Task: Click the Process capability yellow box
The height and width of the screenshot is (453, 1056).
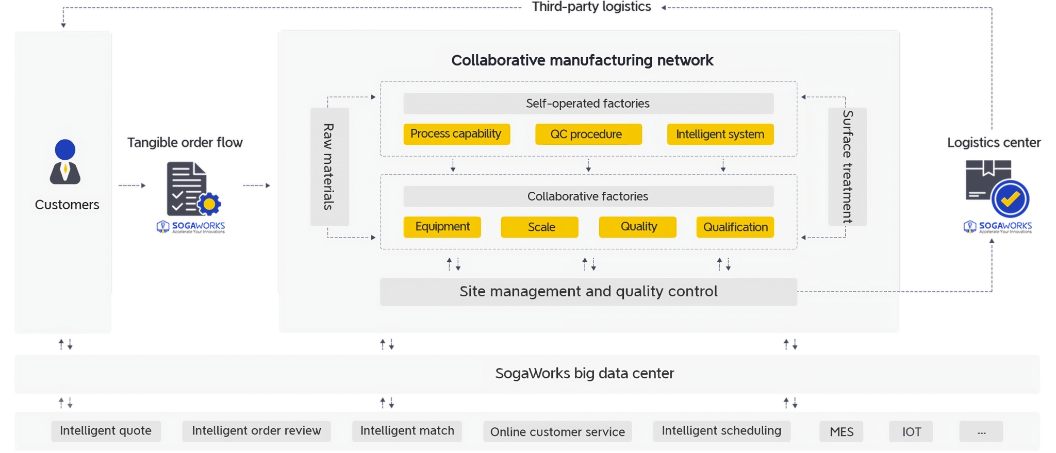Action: click(x=456, y=134)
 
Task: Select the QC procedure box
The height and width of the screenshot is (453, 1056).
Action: click(x=588, y=134)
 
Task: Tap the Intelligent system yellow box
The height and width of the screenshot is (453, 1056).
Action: click(x=720, y=134)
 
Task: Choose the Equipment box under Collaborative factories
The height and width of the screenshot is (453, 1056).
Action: click(x=442, y=227)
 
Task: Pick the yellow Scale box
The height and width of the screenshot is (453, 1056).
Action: click(x=539, y=227)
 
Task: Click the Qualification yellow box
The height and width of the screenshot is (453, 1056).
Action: click(x=735, y=227)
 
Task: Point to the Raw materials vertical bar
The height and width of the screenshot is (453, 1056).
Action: click(x=329, y=166)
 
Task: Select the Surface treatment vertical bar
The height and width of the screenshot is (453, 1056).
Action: click(x=847, y=166)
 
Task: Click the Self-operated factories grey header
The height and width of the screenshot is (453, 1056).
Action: click(x=588, y=103)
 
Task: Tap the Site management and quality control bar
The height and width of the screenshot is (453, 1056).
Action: click(x=588, y=292)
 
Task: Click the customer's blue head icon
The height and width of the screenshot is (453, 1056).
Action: click(x=65, y=149)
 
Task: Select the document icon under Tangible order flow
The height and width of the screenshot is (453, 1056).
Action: click(x=187, y=188)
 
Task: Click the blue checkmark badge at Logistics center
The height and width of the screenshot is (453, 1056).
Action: click(x=1010, y=199)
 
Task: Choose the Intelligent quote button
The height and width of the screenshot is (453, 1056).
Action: click(x=106, y=431)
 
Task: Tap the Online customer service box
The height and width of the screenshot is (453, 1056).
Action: click(x=557, y=431)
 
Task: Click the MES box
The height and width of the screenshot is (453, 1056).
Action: click(x=841, y=431)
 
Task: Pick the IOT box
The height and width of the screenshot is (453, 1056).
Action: click(x=911, y=431)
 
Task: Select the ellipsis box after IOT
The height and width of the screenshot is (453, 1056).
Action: click(x=981, y=431)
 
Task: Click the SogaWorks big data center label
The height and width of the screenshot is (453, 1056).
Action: click(x=584, y=373)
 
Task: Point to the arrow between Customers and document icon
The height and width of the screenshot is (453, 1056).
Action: click(x=132, y=186)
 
